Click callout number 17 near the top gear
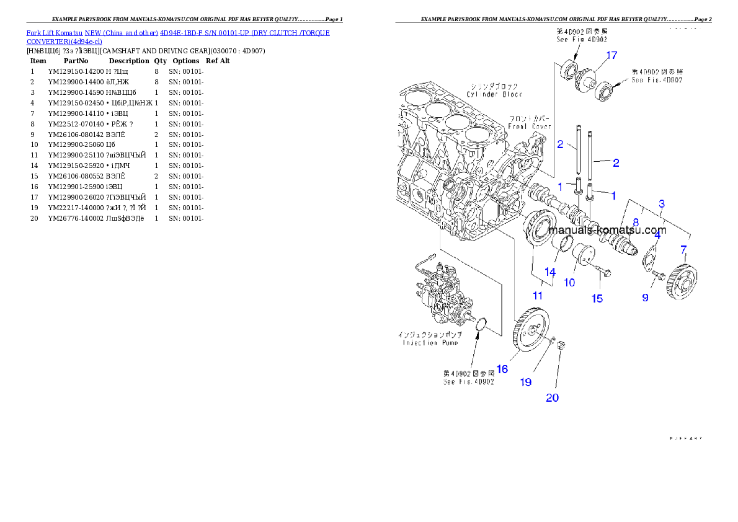(x=611, y=56)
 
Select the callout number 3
(x=662, y=203)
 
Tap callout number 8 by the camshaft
(x=636, y=221)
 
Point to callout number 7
(x=683, y=250)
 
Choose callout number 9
(x=645, y=298)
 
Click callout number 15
(x=597, y=299)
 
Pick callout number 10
(x=569, y=283)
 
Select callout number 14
(x=550, y=272)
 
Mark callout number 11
(x=538, y=296)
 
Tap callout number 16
(x=502, y=369)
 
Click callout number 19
(x=525, y=383)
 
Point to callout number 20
(x=552, y=397)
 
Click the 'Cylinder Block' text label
(x=494, y=91)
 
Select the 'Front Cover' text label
(x=530, y=123)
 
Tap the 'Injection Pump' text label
(x=428, y=339)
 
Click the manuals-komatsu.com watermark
(x=607, y=230)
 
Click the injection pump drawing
(x=440, y=292)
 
